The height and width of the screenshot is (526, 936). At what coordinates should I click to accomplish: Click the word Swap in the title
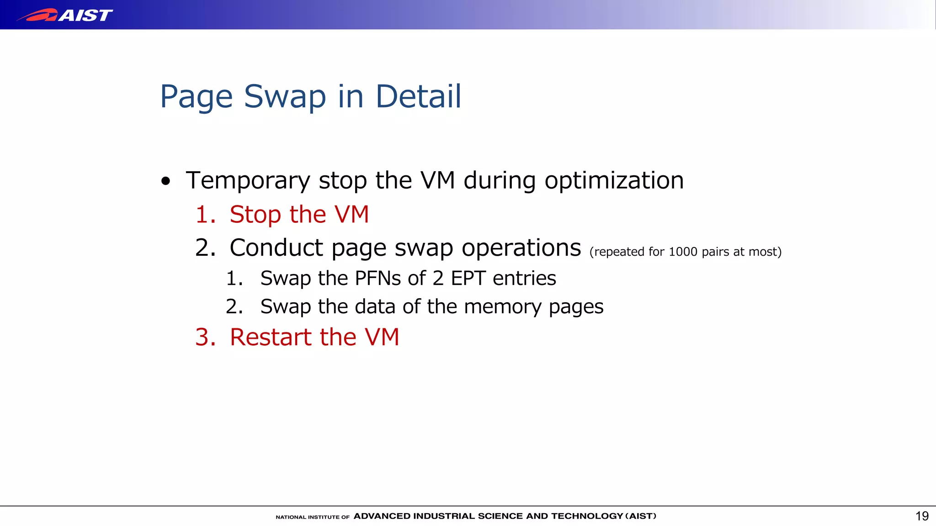[285, 97]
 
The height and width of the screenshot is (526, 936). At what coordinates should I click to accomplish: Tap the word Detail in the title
[418, 97]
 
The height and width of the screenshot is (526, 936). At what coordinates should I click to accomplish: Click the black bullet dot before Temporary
[166, 181]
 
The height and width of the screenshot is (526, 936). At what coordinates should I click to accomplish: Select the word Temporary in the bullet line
[248, 181]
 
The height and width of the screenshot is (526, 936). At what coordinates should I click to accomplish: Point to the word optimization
[613, 181]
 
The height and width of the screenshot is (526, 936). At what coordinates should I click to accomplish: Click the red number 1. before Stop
[205, 215]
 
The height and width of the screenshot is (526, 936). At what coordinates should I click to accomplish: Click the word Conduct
[277, 248]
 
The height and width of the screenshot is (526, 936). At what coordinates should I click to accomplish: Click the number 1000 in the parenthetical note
[683, 252]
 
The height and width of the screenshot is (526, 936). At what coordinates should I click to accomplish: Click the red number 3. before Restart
[205, 337]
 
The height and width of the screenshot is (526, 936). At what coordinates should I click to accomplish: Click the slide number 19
[922, 516]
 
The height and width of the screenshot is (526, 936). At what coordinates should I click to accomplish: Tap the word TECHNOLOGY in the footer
[587, 516]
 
